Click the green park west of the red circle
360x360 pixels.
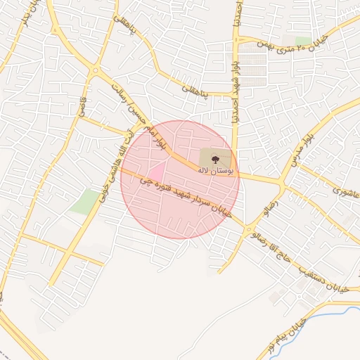pyautogui.click(x=86, y=201)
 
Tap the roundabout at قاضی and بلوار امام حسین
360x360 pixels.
pyautogui.click(x=94, y=70)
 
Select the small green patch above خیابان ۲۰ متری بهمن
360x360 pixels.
pyautogui.click(x=303, y=40)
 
